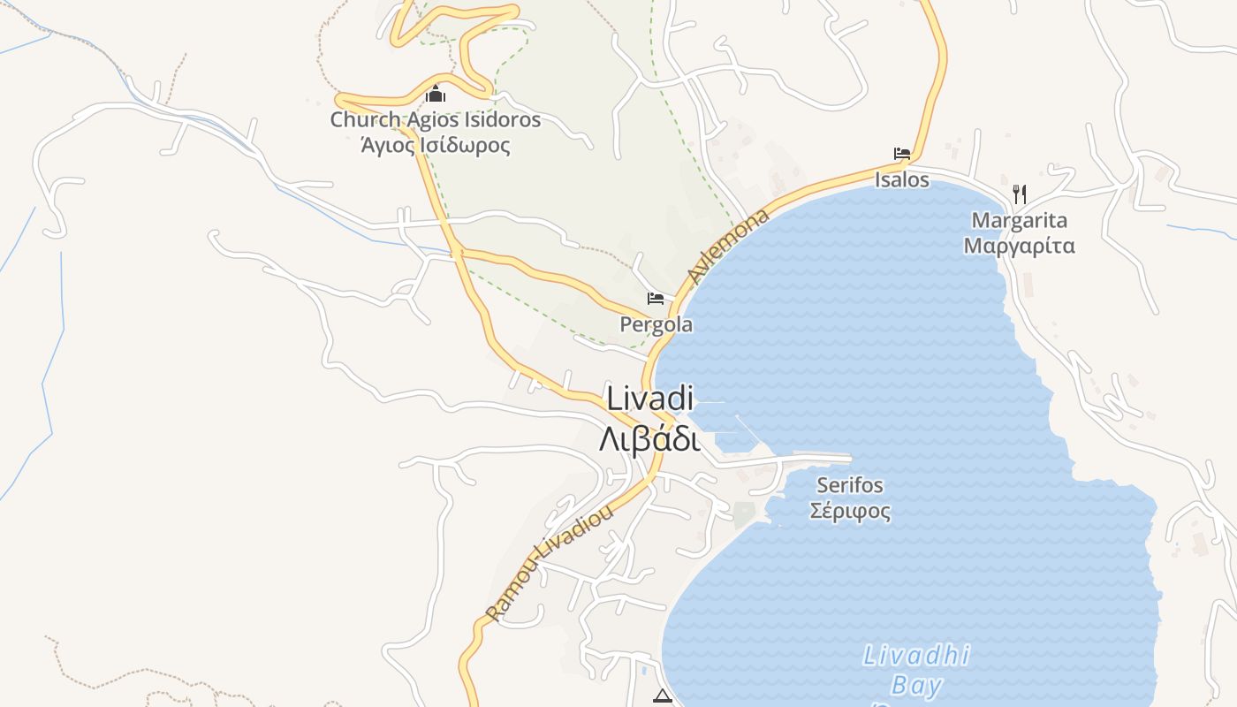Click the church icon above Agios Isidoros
[x=436, y=94]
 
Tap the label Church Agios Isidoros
[x=435, y=119]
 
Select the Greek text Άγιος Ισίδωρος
[x=436, y=144]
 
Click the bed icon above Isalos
[x=902, y=154]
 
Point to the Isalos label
[x=902, y=180]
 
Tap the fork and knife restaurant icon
[x=1020, y=194]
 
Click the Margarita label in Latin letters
[x=1020, y=220]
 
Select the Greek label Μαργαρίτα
[x=1020, y=246]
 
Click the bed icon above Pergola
[x=656, y=299]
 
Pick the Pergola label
[x=656, y=324]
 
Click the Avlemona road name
[x=729, y=247]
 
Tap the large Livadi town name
[x=649, y=398]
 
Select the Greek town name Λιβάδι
[x=649, y=438]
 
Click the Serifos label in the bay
[x=850, y=485]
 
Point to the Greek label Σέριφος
[x=850, y=511]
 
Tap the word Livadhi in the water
[x=916, y=656]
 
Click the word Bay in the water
[x=916, y=686]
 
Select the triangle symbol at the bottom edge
[x=663, y=696]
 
